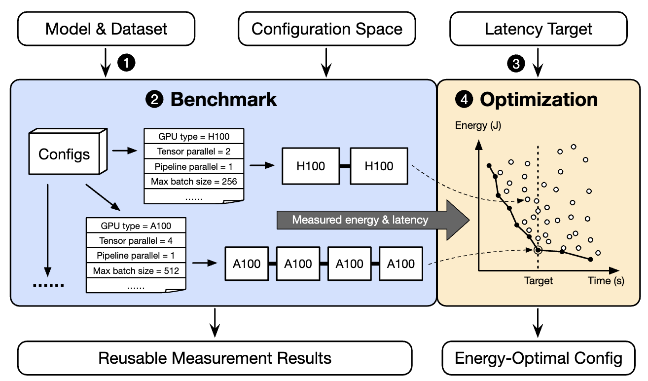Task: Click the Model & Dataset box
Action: pos(106,29)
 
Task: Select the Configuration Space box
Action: pos(326,29)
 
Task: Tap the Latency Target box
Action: pos(539,29)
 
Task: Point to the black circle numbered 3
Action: pos(516,64)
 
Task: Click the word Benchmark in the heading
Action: pos(223,100)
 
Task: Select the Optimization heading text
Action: pos(539,100)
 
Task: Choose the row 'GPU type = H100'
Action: pos(194,137)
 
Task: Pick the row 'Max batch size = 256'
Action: pos(194,181)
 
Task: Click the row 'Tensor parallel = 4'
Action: pos(136,241)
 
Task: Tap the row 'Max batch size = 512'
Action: pos(136,270)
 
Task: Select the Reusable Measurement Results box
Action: pos(215,358)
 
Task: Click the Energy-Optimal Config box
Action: pos(539,358)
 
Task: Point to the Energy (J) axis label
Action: pos(478,125)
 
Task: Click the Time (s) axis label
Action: pos(606,281)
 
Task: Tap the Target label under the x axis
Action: pos(539,281)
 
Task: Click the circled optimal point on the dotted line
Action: pos(538,250)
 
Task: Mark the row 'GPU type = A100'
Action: pos(136,226)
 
